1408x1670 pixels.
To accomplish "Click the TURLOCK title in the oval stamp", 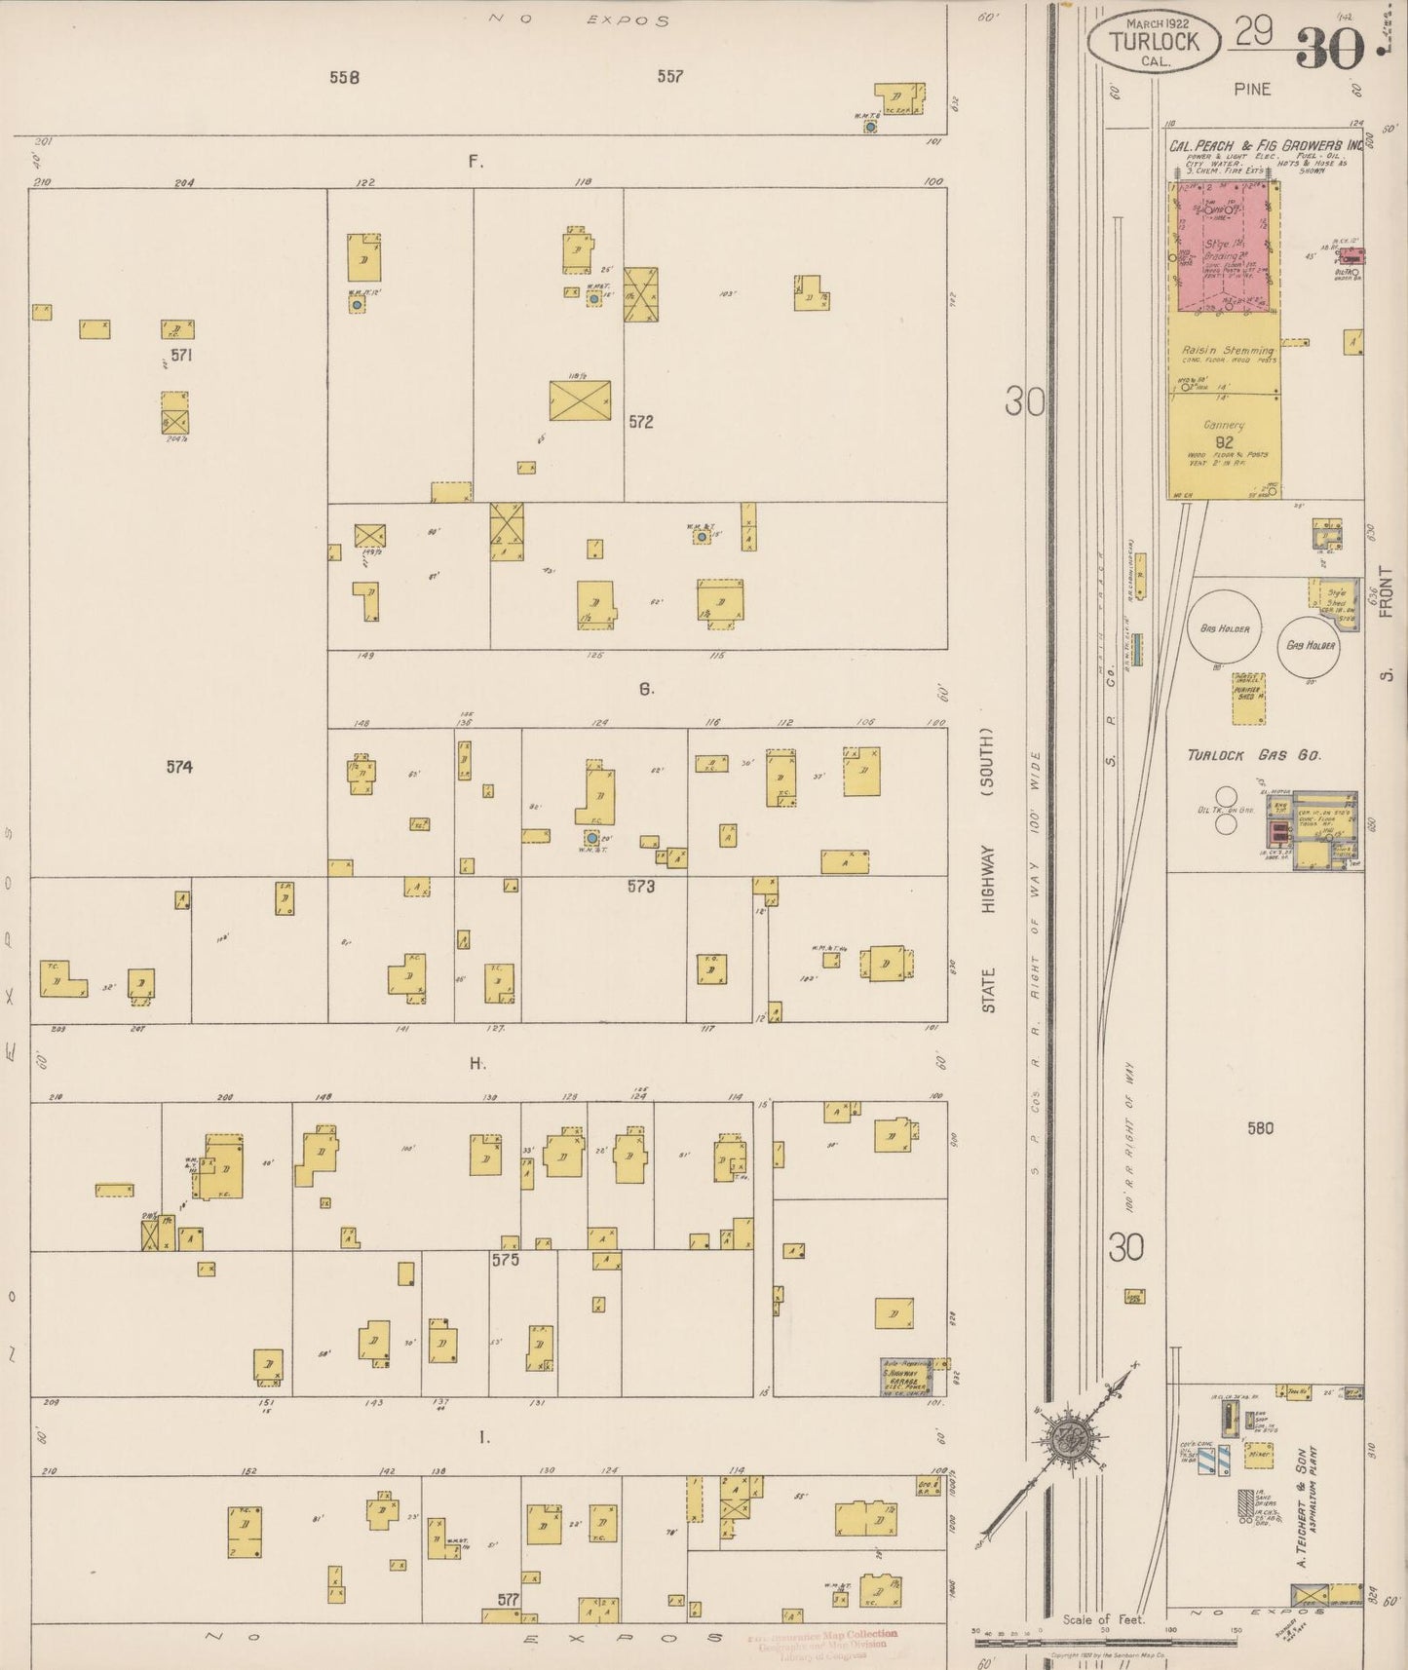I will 1151,43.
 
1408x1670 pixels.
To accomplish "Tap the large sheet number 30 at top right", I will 1329,48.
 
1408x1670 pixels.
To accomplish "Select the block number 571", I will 181,356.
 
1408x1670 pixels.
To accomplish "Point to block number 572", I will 640,422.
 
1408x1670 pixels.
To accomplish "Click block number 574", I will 179,767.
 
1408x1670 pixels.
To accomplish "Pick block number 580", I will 1260,1128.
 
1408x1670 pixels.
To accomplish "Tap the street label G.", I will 646,689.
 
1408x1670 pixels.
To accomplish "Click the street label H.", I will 477,1063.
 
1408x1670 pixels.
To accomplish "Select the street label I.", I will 483,1438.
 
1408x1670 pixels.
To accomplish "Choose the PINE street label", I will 1252,89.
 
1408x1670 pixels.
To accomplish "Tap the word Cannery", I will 1224,425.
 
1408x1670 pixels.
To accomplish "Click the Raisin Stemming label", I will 1227,350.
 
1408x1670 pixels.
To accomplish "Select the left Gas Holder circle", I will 1225,628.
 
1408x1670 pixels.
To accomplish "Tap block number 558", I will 344,77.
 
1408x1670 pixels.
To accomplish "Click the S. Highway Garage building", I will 905,1375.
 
